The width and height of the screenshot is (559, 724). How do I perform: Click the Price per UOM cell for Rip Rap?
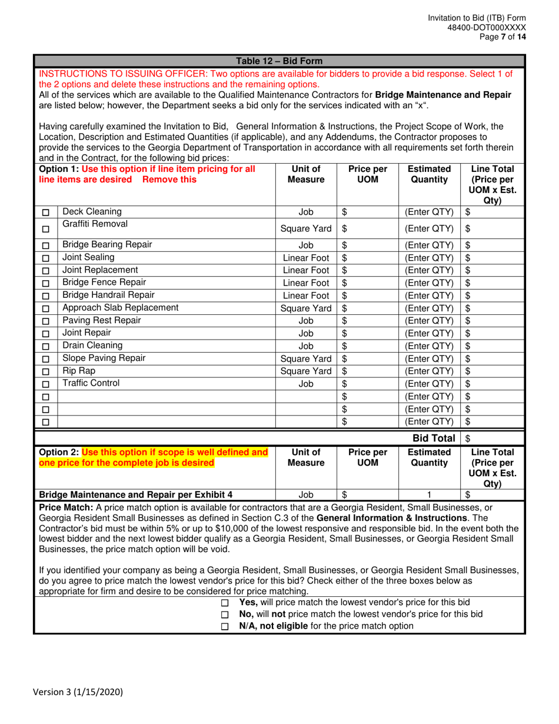pos(368,371)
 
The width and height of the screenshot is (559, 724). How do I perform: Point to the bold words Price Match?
pos(64,507)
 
